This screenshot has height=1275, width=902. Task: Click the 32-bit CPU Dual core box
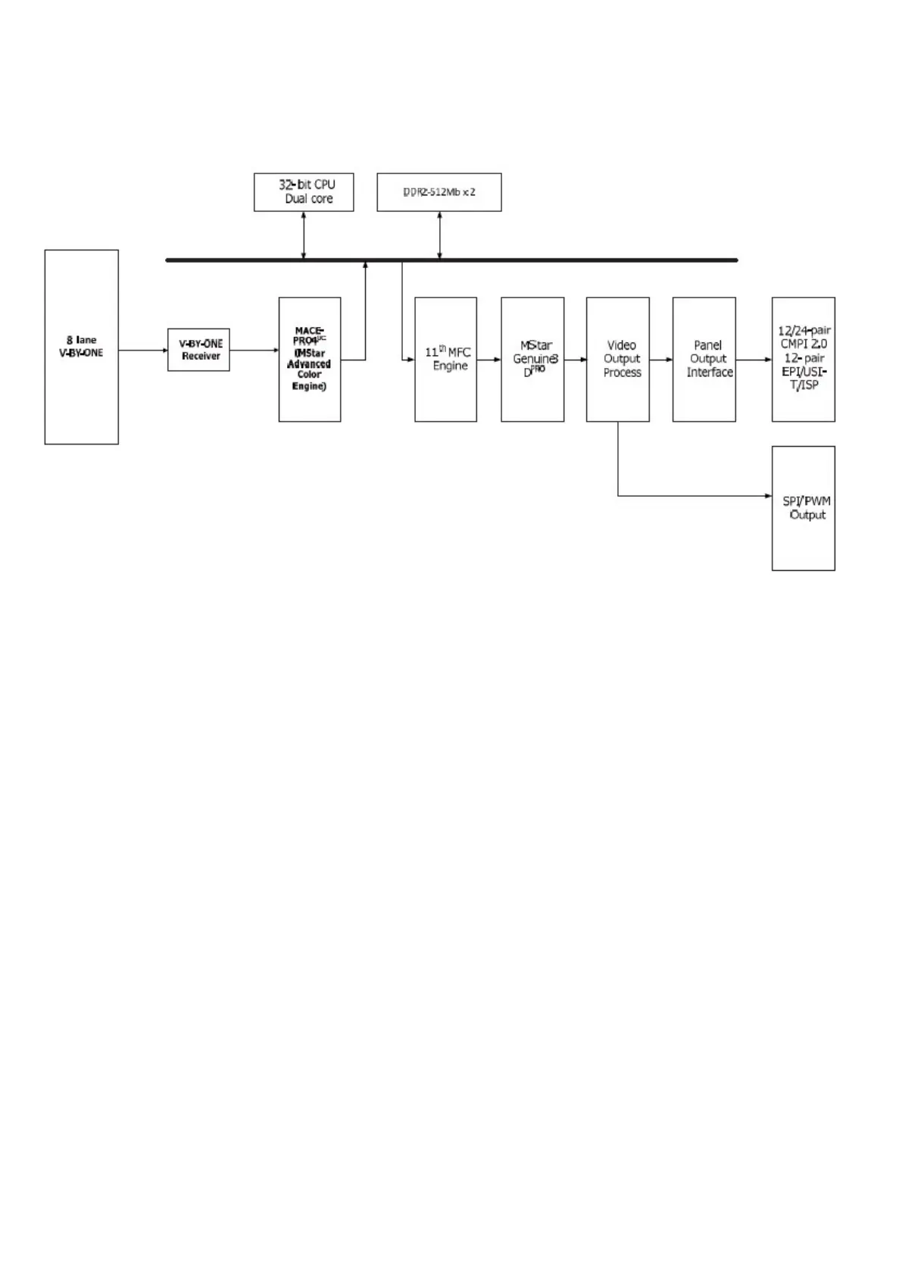pos(304,192)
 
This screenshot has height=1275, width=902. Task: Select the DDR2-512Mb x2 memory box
pos(439,192)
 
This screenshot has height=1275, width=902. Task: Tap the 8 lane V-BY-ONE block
pos(82,347)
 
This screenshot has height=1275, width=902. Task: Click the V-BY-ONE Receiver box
pos(198,350)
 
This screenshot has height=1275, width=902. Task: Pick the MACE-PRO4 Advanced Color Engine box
pos(310,359)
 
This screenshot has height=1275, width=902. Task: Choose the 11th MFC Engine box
pos(445,359)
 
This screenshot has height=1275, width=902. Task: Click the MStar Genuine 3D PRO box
pos(532,359)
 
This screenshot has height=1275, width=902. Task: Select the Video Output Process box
pos(618,359)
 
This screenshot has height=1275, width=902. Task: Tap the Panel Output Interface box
pos(704,359)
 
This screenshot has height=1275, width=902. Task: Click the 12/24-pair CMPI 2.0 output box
pos(804,359)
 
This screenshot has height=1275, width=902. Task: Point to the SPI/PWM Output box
pos(804,508)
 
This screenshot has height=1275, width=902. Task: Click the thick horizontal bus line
pos(530,260)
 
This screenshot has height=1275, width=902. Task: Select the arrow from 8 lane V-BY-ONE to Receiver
pos(143,350)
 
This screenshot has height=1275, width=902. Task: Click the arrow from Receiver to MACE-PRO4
pos(254,350)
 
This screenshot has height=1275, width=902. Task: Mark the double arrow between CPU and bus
pos(304,235)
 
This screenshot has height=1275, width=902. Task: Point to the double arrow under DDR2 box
pos(439,235)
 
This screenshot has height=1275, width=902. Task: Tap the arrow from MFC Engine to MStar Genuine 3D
pos(489,359)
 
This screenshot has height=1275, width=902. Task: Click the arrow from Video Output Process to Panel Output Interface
pos(661,359)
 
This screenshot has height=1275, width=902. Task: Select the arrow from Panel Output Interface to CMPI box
pos(754,359)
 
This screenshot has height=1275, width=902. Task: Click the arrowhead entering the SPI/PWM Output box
pos(767,497)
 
